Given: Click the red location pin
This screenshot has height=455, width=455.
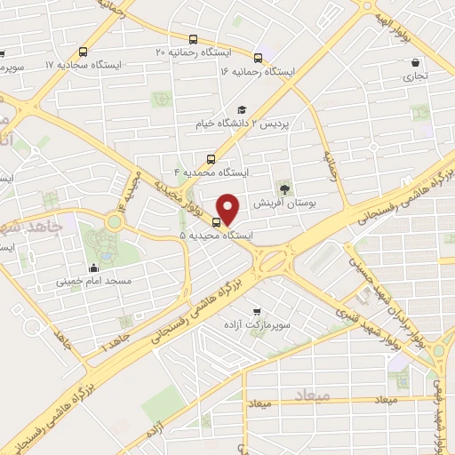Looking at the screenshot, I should (x=230, y=209).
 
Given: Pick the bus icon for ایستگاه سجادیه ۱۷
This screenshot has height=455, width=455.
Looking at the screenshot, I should (x=83, y=52).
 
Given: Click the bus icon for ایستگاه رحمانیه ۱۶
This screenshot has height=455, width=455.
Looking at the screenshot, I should (x=259, y=54).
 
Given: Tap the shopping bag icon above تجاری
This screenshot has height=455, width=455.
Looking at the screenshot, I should (x=416, y=63).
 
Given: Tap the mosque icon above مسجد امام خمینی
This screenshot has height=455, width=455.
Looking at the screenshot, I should (x=94, y=266).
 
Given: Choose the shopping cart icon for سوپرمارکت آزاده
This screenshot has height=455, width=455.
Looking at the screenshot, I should (x=257, y=311).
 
